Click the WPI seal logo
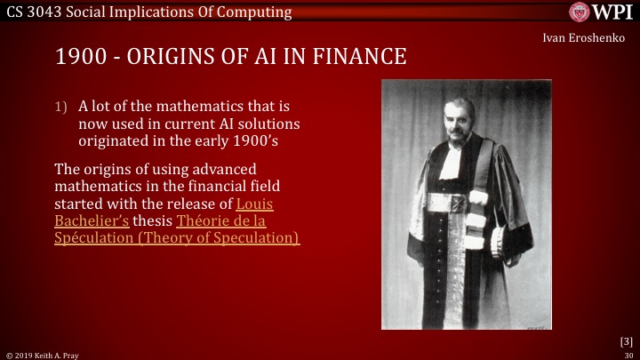click(580, 12)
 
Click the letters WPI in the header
click(612, 12)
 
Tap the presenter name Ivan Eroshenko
click(584, 38)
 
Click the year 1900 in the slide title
click(81, 56)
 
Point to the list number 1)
click(60, 107)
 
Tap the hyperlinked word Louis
click(255, 204)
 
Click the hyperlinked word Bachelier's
click(92, 220)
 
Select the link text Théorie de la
click(221, 220)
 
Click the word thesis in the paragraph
click(153, 220)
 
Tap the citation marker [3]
click(626, 341)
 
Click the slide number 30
click(628, 356)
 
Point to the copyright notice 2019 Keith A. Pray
click(46, 356)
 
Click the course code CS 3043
click(34, 12)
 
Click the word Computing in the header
click(254, 12)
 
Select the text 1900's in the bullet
click(255, 140)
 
